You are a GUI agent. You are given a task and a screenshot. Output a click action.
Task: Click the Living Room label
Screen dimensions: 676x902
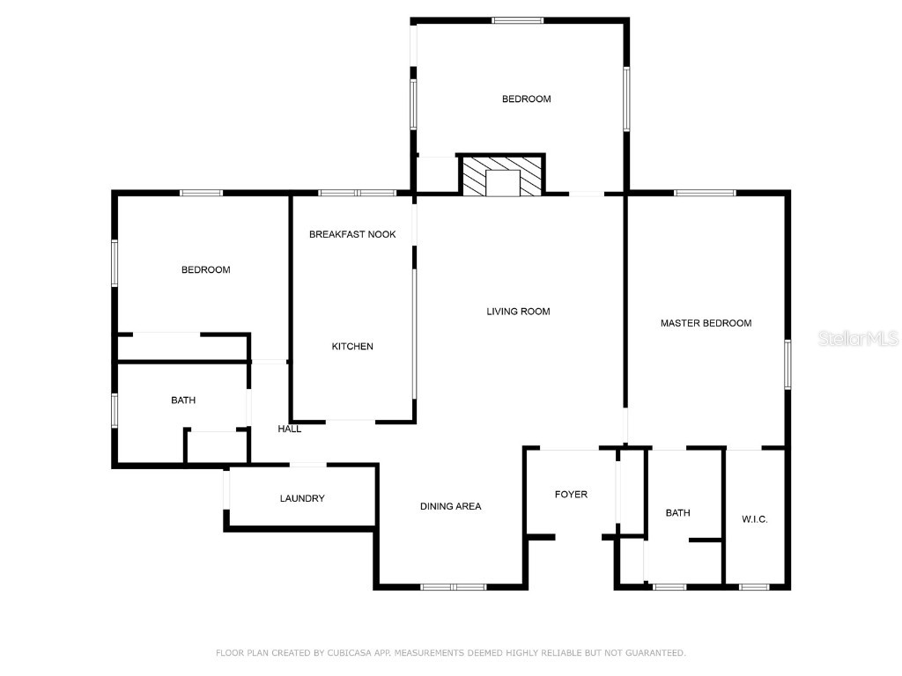tap(518, 312)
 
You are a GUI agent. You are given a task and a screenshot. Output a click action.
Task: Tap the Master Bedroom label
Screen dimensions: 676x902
tap(706, 323)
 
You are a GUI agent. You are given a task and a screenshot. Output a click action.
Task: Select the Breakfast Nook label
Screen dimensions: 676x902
tap(352, 234)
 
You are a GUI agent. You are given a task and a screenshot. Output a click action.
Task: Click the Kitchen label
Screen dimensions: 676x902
tap(352, 347)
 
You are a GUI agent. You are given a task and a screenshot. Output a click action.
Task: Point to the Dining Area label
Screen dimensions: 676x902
tap(450, 506)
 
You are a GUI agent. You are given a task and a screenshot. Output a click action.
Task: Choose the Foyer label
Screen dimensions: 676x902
tap(571, 495)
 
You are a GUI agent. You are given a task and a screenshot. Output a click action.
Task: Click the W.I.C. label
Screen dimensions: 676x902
tap(754, 519)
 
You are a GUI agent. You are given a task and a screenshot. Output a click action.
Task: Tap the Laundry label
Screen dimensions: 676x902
tap(302, 498)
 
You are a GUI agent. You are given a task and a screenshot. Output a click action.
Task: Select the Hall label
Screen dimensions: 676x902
tap(290, 430)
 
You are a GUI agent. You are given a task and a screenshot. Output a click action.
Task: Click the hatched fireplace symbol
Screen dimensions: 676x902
tap(503, 175)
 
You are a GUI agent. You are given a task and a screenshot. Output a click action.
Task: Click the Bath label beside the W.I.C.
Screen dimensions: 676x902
tap(677, 512)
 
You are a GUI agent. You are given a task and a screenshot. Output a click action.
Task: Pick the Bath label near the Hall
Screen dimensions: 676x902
tap(183, 400)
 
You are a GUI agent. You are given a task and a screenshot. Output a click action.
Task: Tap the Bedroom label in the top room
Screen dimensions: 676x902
tap(526, 99)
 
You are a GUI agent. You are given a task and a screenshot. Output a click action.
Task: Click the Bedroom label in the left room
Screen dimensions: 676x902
tap(205, 270)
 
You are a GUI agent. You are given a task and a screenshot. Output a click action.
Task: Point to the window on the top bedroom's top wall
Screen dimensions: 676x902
tap(518, 19)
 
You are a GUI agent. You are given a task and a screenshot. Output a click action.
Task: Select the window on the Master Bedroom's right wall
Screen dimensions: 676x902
tap(787, 364)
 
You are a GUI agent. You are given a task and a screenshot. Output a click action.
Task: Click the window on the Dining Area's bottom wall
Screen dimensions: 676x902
tap(453, 586)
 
